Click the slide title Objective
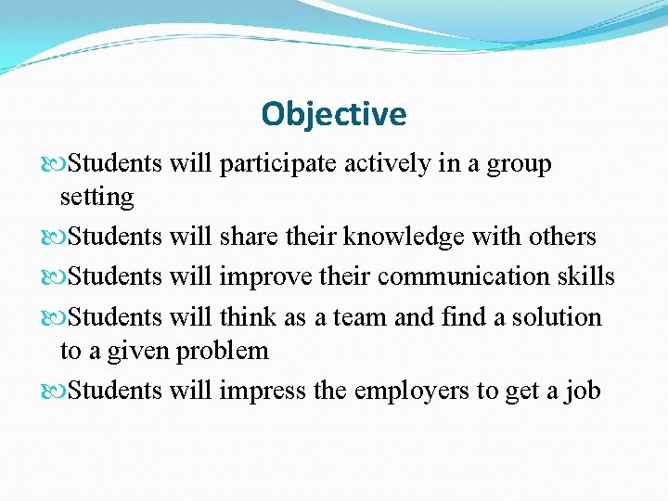point(334,114)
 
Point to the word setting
point(96,198)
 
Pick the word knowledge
point(404,238)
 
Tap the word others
point(562,237)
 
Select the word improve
point(263,277)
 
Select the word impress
point(263,391)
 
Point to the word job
point(584,391)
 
